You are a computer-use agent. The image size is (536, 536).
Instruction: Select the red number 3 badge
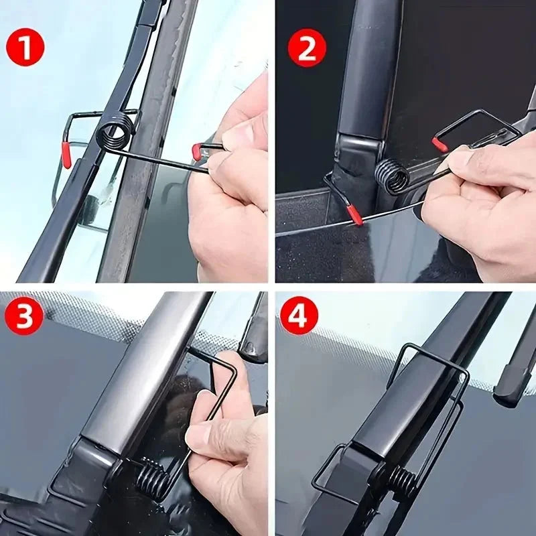pyautogui.click(x=25, y=316)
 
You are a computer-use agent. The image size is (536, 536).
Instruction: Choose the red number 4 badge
pyautogui.click(x=299, y=316)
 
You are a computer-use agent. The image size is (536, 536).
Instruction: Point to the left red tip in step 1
pyautogui.click(x=66, y=154)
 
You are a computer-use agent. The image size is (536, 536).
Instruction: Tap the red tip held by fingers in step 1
pyautogui.click(x=196, y=151)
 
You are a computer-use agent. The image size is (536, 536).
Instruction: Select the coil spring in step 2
pyautogui.click(x=392, y=176)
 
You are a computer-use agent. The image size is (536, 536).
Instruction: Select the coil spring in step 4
pyautogui.click(x=402, y=480)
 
